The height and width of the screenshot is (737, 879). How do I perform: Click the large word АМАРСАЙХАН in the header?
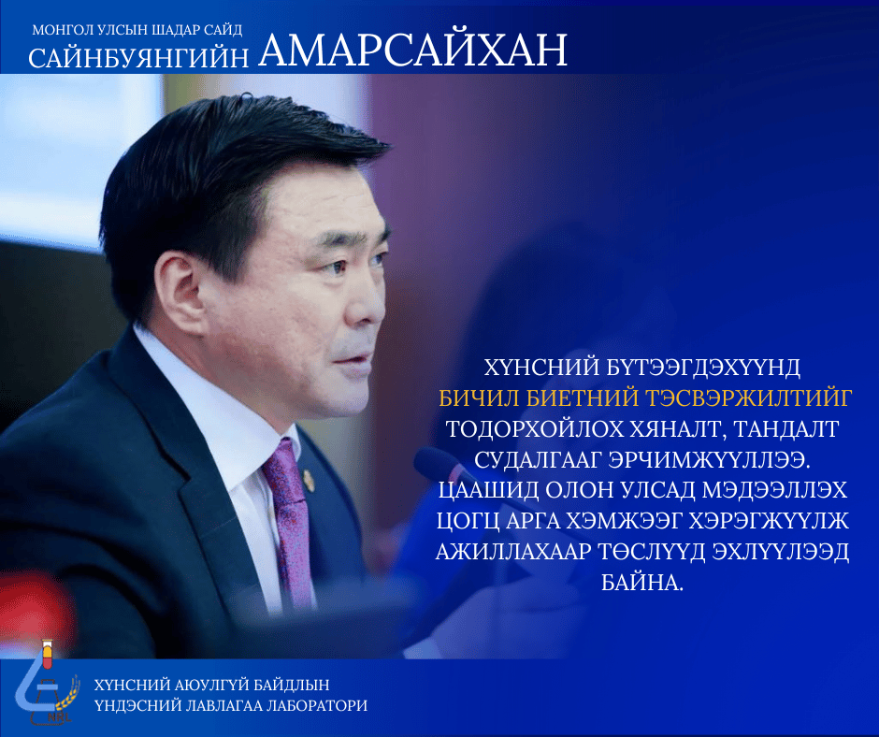(413, 51)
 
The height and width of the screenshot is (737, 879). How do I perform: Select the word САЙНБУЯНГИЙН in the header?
(138, 58)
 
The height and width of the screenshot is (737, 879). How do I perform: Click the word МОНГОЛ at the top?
(62, 30)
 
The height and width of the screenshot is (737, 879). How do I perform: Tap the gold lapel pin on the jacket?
(309, 481)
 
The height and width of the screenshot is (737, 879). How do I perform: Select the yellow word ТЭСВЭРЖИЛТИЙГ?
(749, 397)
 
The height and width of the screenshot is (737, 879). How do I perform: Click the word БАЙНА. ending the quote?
(641, 583)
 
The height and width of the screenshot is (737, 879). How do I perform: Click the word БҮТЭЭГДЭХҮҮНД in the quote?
(703, 368)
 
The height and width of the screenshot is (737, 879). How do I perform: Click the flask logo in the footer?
(47, 682)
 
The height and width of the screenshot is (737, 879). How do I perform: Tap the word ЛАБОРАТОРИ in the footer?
(317, 705)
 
